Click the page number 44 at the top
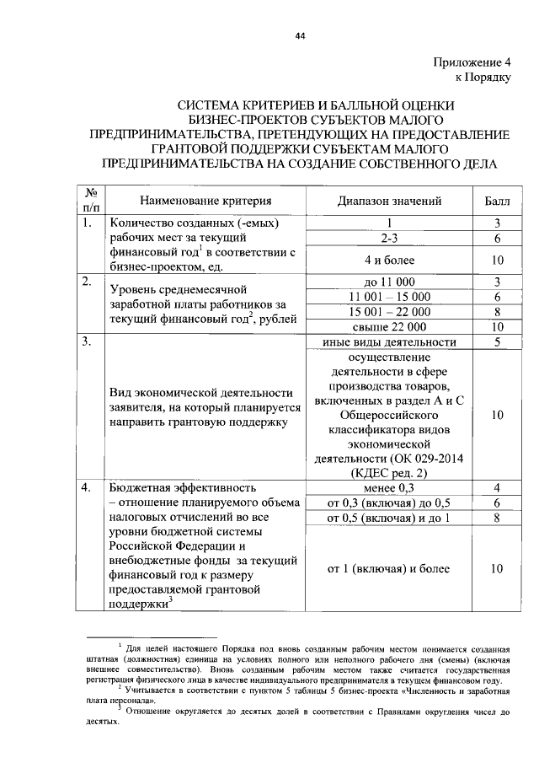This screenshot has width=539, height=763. tap(298, 36)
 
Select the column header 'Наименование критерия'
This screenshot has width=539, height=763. tap(205, 201)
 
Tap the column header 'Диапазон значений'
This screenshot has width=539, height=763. tap(390, 201)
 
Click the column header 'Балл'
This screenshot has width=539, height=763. tap(497, 201)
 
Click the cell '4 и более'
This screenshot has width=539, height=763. tap(390, 261)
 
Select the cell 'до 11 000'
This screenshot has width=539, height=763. tap(390, 282)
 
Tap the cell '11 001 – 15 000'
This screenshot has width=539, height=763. tap(390, 297)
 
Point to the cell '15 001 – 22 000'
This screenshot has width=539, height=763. tap(390, 312)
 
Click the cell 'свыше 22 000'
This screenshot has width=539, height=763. tap(390, 327)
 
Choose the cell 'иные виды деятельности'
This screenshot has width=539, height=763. tap(390, 342)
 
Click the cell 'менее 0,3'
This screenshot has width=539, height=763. tap(390, 487)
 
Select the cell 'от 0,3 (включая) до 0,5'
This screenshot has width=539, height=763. tap(390, 502)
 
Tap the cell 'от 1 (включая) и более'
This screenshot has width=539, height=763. tap(390, 570)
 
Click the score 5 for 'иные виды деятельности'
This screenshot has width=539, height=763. tap(498, 342)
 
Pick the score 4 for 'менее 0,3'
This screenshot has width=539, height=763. tap(498, 487)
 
